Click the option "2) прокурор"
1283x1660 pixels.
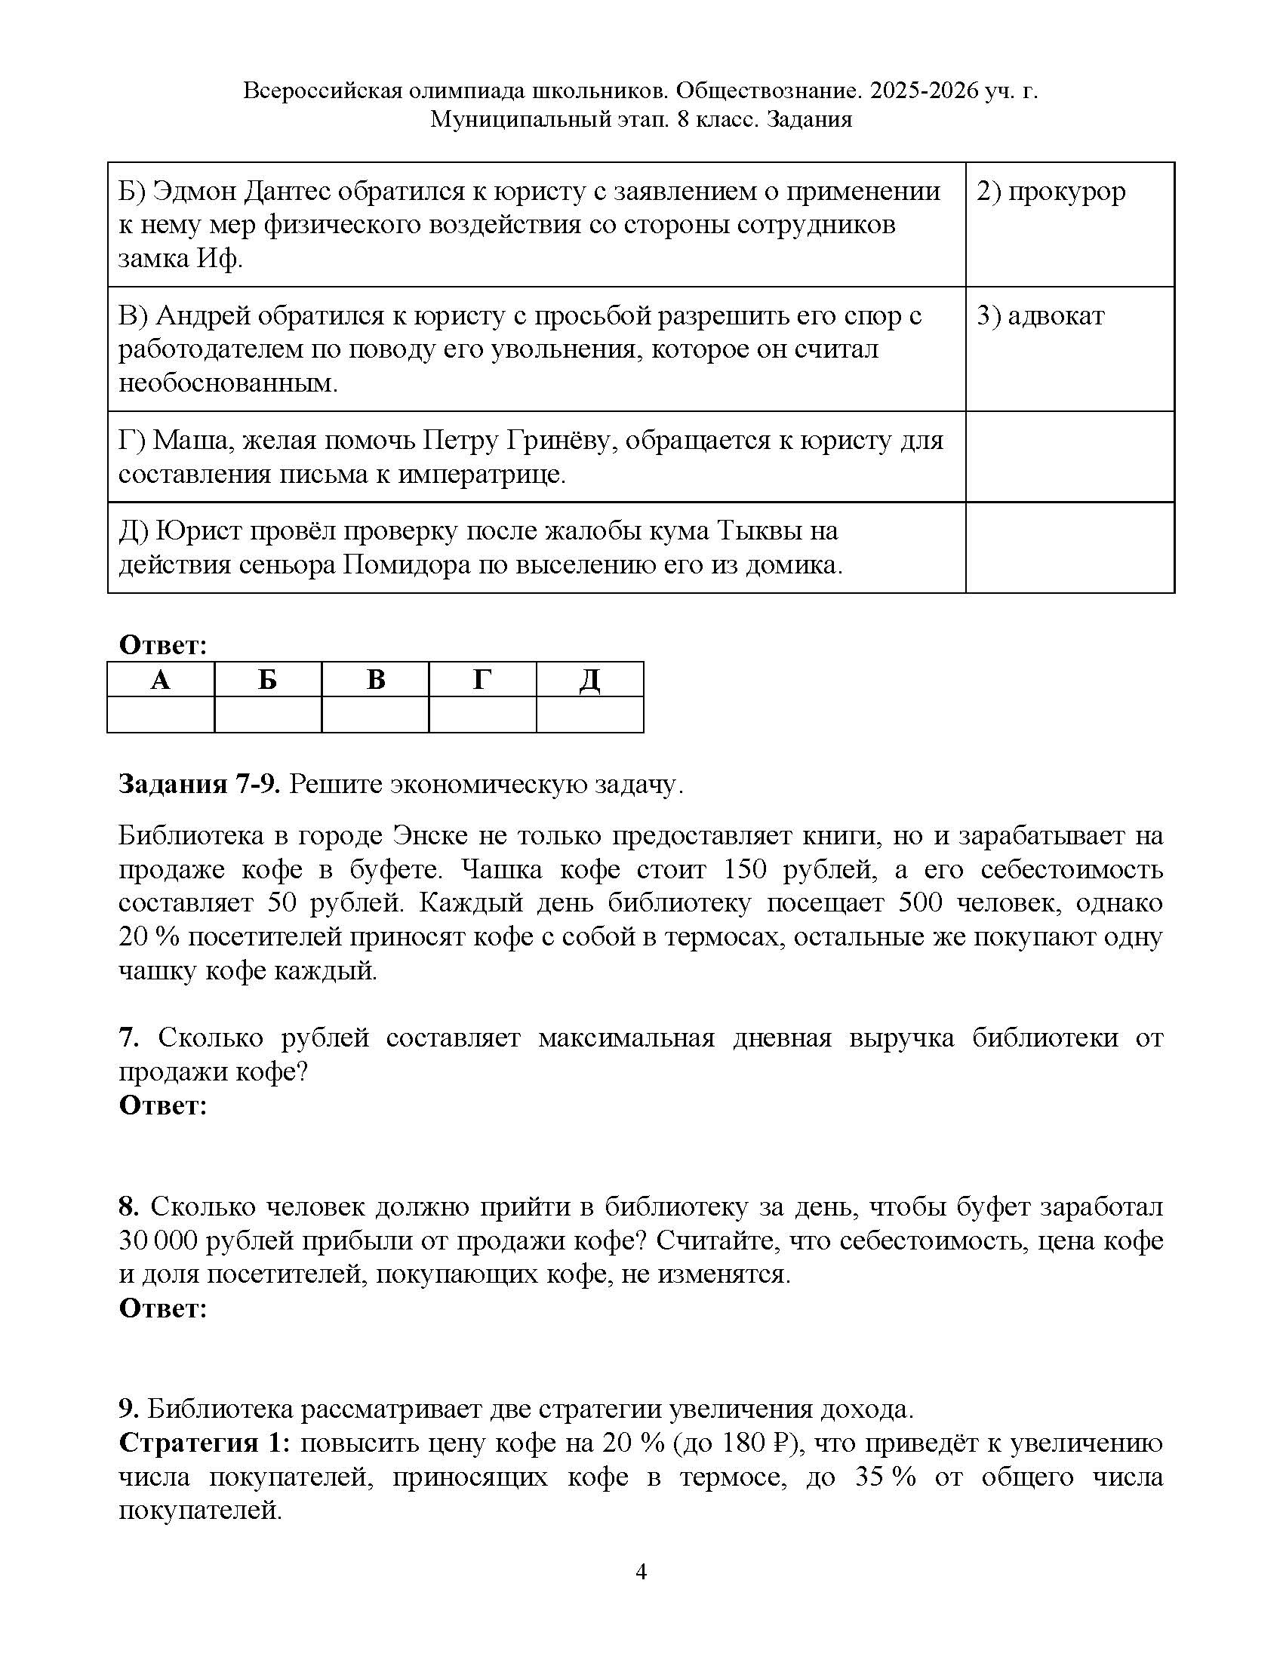[x=1051, y=192]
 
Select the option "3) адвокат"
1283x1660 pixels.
[x=1040, y=316]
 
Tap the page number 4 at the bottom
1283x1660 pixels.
[x=641, y=1571]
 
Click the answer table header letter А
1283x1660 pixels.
[x=160, y=680]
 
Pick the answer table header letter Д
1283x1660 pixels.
[x=590, y=680]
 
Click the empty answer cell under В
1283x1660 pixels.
[x=376, y=715]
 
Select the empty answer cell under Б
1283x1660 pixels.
[x=268, y=715]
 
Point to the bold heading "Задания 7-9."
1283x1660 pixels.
[x=199, y=785]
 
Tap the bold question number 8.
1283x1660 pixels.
[x=128, y=1207]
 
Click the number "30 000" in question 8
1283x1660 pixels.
[x=157, y=1240]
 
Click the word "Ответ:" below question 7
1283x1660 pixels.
[x=163, y=1105]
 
